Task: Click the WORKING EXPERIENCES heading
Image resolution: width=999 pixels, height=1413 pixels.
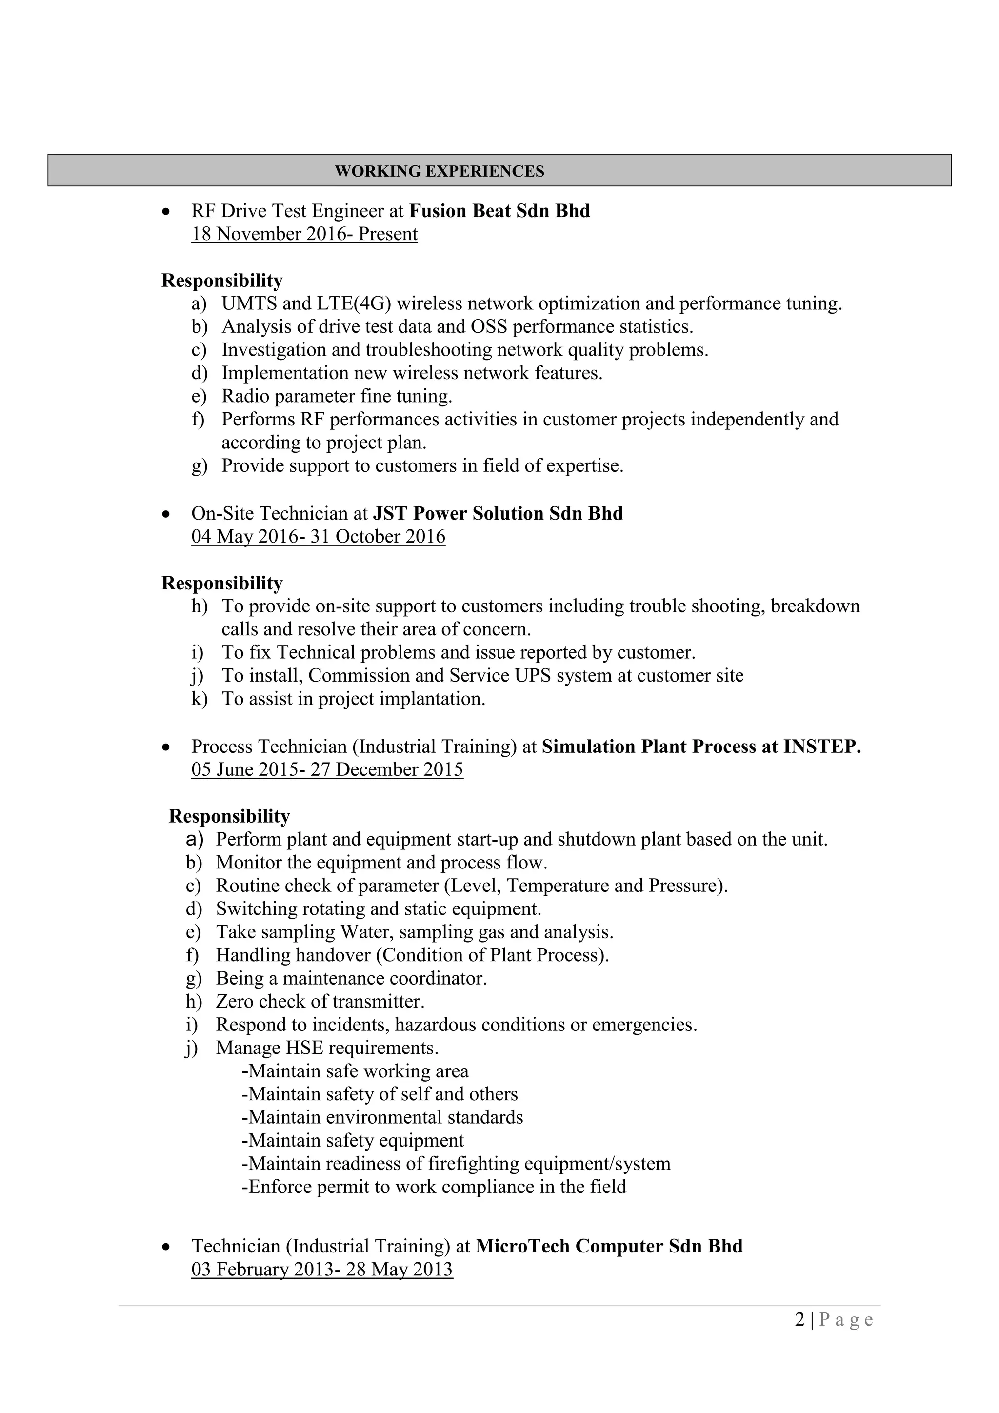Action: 439,171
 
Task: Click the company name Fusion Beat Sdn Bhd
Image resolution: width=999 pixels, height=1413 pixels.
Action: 499,211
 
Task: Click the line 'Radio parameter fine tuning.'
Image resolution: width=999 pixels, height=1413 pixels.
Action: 337,396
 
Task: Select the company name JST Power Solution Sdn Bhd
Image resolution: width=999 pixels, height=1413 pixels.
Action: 498,513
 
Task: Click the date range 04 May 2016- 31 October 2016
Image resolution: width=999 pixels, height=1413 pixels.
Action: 318,537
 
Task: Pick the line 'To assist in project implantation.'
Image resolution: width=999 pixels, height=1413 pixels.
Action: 353,699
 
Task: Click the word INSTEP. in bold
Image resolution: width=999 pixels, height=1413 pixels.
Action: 822,747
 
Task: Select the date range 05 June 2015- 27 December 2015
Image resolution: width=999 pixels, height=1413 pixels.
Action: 327,770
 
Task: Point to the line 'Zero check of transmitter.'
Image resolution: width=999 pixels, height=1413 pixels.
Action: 320,1001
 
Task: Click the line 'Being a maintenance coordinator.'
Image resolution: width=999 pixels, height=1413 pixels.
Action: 351,979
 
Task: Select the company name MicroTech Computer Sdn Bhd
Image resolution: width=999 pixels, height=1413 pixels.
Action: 609,1246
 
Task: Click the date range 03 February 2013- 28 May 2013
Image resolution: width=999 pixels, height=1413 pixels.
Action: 322,1270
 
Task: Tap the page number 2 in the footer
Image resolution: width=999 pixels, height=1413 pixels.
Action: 799,1320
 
